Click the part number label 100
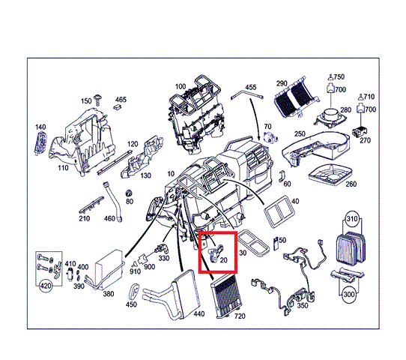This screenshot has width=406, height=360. coord(181,87)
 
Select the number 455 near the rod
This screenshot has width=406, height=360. coord(250,88)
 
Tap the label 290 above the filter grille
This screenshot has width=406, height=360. coord(282,82)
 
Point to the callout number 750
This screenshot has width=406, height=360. coord(339,77)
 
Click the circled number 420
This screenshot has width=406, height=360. coord(45,286)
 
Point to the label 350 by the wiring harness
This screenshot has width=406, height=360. coord(303,306)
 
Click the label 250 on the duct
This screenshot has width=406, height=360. coord(300,134)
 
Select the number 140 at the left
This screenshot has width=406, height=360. coord(40,127)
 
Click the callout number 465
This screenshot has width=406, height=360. coord(121,99)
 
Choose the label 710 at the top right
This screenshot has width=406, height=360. coord(369,97)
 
